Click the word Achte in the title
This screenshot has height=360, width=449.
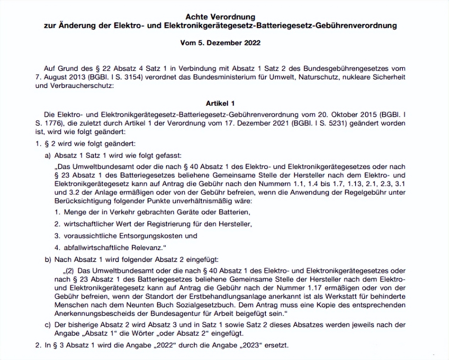[x=197, y=17]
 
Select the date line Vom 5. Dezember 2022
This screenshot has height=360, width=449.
[x=220, y=43]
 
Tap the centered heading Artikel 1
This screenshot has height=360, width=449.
[x=220, y=103]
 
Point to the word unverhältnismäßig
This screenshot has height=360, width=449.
[x=202, y=201]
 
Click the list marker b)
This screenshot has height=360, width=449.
[x=48, y=260]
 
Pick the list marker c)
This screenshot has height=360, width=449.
[x=48, y=325]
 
